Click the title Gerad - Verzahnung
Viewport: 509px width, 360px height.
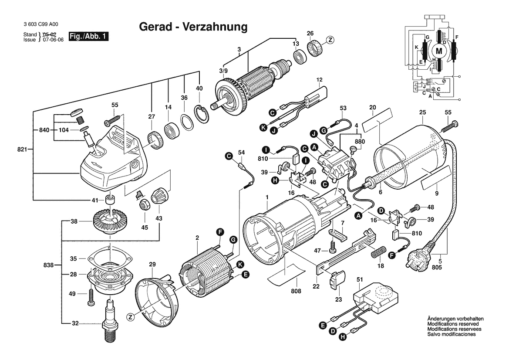pos(193,27)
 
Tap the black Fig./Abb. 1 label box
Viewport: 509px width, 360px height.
pos(88,36)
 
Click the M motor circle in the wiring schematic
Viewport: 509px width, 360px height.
pos(438,51)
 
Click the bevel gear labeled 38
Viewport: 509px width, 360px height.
pos(111,221)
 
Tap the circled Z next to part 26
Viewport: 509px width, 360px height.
pos(330,40)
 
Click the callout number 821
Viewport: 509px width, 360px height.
pos(22,149)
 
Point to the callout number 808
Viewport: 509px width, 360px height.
pos(296,291)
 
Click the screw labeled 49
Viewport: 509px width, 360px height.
pos(91,297)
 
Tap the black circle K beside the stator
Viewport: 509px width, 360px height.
pos(240,265)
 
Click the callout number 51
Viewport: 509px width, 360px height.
pos(359,279)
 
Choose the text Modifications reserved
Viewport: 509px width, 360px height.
pos(453,324)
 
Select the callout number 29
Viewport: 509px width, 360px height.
pos(152,265)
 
